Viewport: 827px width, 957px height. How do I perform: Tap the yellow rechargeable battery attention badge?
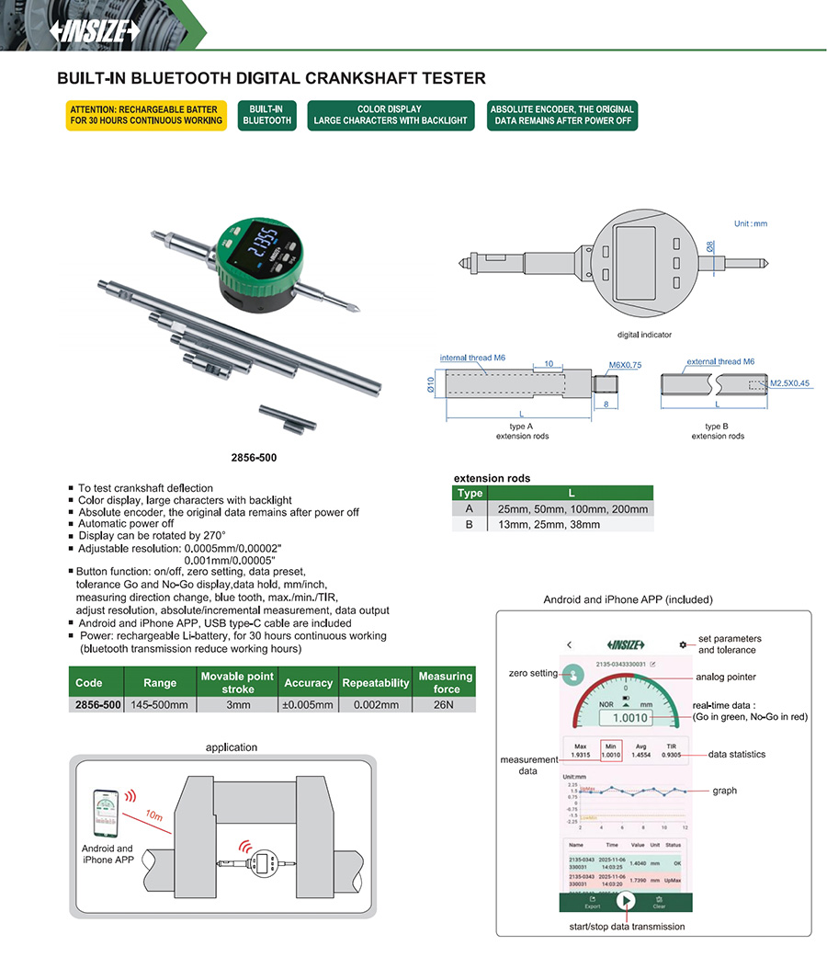(x=145, y=115)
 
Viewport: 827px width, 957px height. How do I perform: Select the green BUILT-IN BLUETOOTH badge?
(x=266, y=115)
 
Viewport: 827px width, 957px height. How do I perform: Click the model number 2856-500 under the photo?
(x=255, y=457)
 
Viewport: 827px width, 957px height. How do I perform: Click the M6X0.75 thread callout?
(x=625, y=365)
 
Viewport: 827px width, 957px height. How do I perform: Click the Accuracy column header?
(x=308, y=683)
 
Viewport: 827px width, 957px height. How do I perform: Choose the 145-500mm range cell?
(x=160, y=705)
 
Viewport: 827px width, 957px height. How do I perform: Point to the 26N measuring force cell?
(x=445, y=705)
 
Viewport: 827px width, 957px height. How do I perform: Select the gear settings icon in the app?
(x=683, y=644)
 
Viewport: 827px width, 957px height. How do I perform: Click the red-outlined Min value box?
(x=610, y=750)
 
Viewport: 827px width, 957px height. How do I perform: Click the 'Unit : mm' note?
(x=751, y=223)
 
